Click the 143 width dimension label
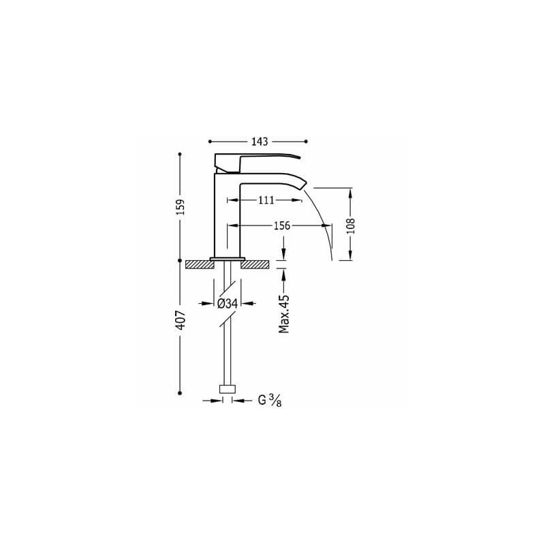pyautogui.click(x=260, y=142)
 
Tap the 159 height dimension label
pyautogui.click(x=181, y=207)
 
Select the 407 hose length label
pyautogui.click(x=181, y=320)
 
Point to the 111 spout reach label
pyautogui.click(x=266, y=200)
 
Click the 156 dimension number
pyautogui.click(x=281, y=225)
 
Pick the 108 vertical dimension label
pyautogui.click(x=351, y=226)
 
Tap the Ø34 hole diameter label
pyautogui.click(x=228, y=304)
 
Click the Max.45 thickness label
pyautogui.click(x=284, y=314)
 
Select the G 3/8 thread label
pyautogui.click(x=270, y=401)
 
